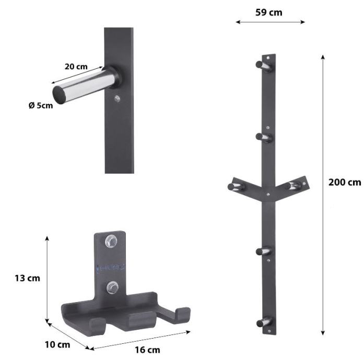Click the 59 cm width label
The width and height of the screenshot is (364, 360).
click(269, 13)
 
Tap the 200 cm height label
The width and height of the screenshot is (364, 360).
click(345, 182)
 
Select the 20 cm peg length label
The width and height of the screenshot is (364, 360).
click(76, 67)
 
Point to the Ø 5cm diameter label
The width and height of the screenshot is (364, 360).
click(41, 105)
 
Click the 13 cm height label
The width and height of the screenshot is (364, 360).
click(27, 278)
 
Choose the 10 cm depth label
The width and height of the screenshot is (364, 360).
click(57, 345)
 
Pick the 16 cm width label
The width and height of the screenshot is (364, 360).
click(147, 350)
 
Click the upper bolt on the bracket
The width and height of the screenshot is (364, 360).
click(111, 241)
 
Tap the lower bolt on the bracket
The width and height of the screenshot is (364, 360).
click(112, 287)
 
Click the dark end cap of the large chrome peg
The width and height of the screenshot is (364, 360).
click(58, 95)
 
